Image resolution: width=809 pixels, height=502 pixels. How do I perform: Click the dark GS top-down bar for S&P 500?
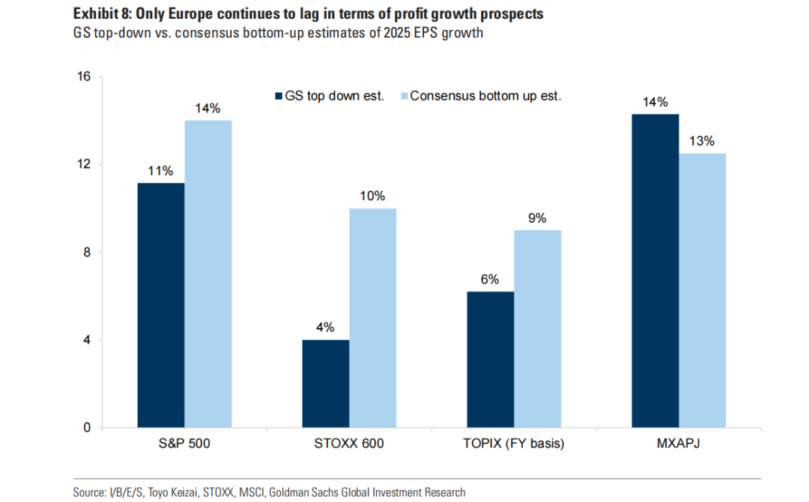coord(161,305)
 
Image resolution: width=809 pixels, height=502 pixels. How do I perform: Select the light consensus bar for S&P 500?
coord(208,273)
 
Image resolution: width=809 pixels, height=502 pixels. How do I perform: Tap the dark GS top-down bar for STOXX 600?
coord(326,384)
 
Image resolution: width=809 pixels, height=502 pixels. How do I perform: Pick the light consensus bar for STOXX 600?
coord(373,318)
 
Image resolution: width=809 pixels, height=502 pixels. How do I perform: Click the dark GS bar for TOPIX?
coord(491,360)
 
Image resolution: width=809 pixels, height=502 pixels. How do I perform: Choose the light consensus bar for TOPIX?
coord(538,329)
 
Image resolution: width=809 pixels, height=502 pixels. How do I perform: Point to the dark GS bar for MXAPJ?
coord(655,270)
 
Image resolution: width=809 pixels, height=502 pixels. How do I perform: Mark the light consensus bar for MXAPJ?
coord(703,290)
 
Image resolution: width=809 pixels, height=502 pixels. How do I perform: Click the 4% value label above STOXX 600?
coord(325,327)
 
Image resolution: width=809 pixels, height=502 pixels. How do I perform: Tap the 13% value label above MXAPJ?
coord(703,141)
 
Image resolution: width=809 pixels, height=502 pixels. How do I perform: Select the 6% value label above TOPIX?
coord(490,279)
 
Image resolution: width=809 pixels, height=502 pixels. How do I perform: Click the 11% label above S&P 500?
coord(160,170)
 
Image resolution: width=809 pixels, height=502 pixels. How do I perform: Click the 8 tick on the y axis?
coord(86,252)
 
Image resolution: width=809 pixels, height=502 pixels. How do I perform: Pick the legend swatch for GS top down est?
coord(278,96)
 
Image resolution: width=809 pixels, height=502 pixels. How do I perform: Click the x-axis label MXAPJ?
coord(679,444)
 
